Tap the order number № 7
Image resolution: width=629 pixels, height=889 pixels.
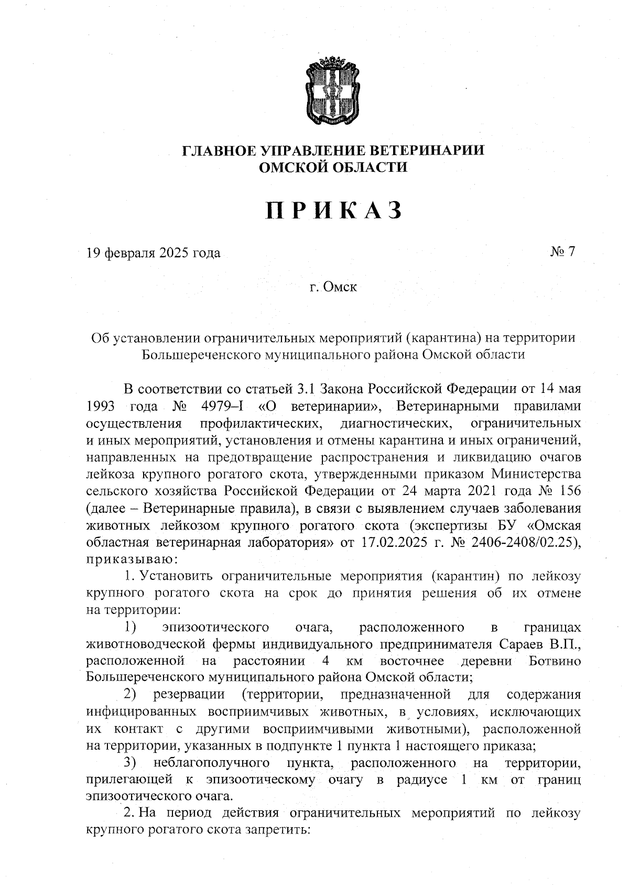point(562,252)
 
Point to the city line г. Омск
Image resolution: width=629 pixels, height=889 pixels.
point(333,287)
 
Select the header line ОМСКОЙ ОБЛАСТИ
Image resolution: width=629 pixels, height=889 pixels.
point(333,168)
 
